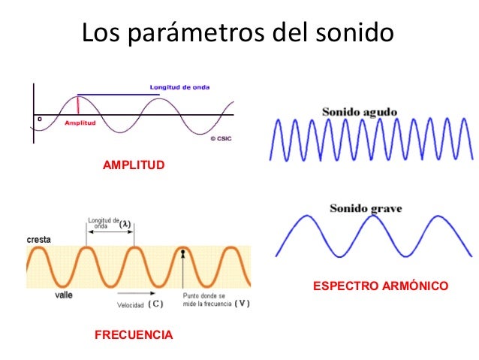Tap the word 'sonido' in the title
tap(351, 33)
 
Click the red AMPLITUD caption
tap(133, 165)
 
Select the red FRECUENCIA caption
tap(134, 334)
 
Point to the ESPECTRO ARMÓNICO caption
tap(380, 286)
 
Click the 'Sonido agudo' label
tap(360, 112)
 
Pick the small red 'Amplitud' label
tap(80, 123)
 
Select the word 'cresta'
tap(39, 239)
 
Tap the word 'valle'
tap(64, 295)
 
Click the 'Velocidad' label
tap(129, 305)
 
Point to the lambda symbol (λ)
tap(127, 224)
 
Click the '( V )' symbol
tap(242, 304)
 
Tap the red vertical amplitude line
tap(78, 106)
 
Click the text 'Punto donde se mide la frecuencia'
tap(206, 300)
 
